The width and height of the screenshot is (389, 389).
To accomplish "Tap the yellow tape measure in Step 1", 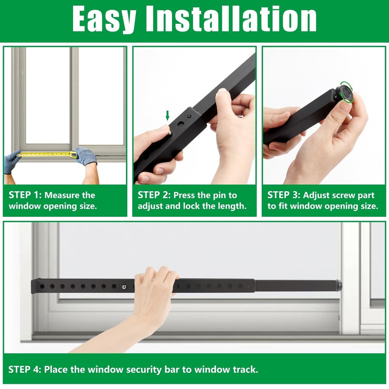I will pos(47,154).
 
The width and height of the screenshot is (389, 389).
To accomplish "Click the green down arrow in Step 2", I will pos(168,115).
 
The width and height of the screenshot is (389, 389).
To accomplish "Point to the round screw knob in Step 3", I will pos(344,94).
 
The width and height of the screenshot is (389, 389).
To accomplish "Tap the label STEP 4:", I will pos(24,369).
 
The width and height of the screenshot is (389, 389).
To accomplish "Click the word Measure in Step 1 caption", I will pos(63,195).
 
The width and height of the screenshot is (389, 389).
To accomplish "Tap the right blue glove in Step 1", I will pos(86,156).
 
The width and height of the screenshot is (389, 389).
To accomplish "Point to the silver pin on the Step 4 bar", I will pos(124,287).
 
